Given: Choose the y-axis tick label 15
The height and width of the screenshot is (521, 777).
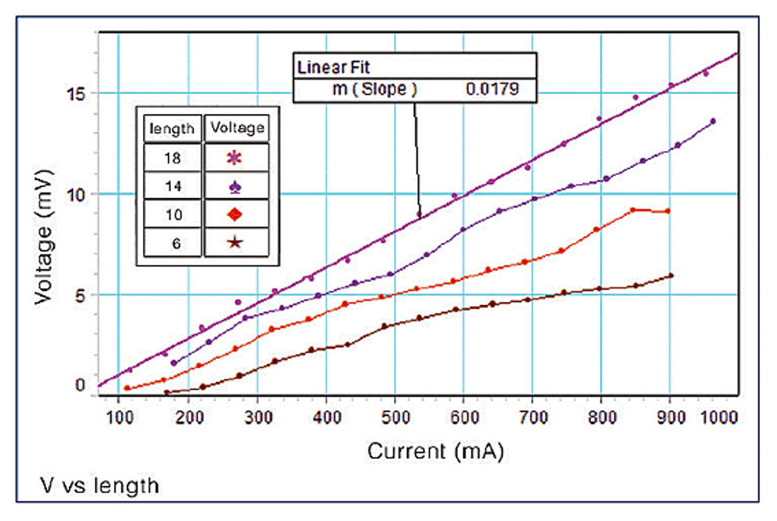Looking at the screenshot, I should [76, 93].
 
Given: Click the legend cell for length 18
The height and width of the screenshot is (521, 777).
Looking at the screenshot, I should [172, 157].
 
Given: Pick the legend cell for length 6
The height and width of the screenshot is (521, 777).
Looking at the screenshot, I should [172, 242].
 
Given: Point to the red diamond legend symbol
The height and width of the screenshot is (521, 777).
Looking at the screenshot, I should [235, 214].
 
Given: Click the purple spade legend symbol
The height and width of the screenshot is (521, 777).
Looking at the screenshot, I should [235, 186].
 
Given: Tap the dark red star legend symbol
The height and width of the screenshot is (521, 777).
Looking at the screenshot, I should [235, 242].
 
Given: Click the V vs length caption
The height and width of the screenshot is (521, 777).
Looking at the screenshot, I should [99, 487].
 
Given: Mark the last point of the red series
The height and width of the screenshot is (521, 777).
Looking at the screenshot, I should [667, 210].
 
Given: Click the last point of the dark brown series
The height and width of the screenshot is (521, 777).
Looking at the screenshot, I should [671, 275].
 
